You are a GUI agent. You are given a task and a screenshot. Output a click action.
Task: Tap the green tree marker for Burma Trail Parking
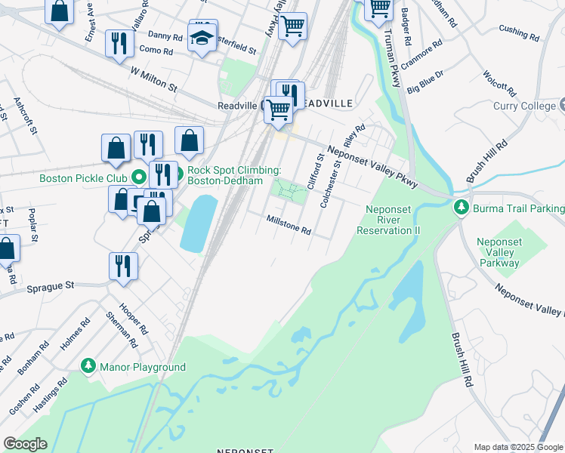[460, 207]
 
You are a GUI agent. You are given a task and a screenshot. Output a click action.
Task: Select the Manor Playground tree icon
[88, 366]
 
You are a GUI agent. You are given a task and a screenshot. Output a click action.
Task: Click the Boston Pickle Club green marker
[139, 178]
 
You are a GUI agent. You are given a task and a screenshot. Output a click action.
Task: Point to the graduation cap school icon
[202, 39]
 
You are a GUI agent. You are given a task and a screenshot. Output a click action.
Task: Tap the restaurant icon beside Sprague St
[122, 266]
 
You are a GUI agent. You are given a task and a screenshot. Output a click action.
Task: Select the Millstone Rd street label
[289, 223]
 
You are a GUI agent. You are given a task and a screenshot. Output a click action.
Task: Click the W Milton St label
[153, 78]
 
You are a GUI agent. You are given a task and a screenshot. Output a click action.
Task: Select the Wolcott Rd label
[499, 85]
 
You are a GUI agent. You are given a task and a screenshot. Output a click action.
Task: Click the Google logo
[25, 444]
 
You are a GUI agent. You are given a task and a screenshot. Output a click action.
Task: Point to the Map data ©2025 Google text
[518, 447]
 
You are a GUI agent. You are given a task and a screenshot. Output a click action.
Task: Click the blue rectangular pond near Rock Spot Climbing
[197, 223]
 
